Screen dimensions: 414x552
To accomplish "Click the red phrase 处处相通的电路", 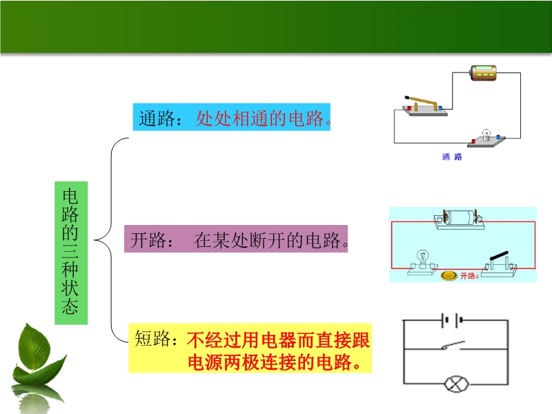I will click(x=260, y=119).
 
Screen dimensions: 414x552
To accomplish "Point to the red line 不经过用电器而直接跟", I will click(x=278, y=339).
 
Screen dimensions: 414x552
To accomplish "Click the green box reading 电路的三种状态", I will click(x=70, y=252).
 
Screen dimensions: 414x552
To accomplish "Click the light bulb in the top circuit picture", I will click(x=486, y=135).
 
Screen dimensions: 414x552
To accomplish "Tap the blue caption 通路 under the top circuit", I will click(x=451, y=157).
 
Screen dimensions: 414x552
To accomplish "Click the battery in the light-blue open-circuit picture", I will click(x=458, y=218).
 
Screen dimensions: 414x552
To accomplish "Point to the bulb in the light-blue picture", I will click(x=422, y=259).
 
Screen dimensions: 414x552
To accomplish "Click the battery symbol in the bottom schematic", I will click(x=452, y=320).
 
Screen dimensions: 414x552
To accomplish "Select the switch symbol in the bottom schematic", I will click(x=453, y=346).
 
